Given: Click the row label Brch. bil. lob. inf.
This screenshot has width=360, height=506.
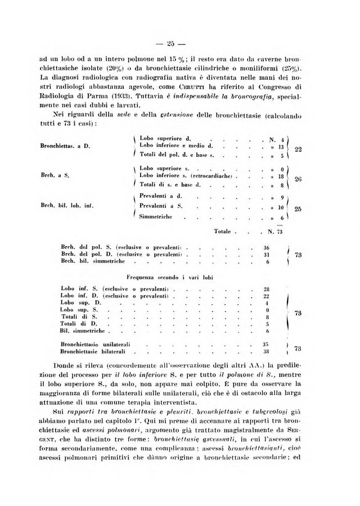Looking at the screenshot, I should [66, 206].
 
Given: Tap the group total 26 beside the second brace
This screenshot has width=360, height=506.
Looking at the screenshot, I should [299, 179].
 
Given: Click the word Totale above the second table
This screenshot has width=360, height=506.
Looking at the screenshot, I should [225, 232].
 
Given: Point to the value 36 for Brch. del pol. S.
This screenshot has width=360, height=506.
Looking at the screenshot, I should [267, 247].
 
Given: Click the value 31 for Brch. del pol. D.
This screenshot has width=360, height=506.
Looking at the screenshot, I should [267, 254].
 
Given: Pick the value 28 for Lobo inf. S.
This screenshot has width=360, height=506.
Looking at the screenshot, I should [267, 288].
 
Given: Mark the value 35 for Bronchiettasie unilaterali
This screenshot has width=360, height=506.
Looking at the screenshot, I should [267, 343].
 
